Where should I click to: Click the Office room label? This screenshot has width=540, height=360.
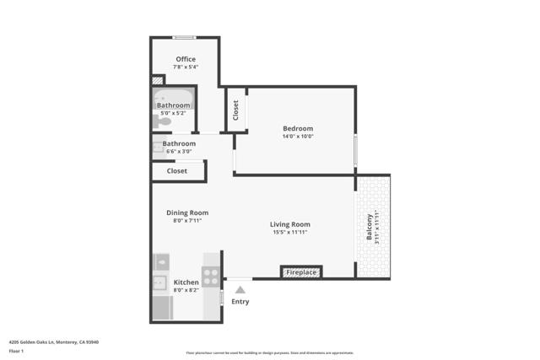point(186,59)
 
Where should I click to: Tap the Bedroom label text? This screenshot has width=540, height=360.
point(298,128)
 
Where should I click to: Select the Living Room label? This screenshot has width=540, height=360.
point(290,224)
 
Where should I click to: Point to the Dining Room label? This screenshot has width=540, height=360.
point(187,212)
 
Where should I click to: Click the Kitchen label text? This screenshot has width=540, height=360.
point(186,282)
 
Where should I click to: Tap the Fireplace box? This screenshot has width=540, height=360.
point(301,272)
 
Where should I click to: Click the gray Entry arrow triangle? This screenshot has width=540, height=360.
point(240,289)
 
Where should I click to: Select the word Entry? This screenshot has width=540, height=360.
point(240,302)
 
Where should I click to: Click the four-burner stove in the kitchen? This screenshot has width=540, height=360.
point(210,276)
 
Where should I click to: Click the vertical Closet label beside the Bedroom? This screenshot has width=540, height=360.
point(235,110)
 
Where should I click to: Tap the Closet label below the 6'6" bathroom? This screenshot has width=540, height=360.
point(177,170)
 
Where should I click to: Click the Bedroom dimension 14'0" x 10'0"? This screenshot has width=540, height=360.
point(298,137)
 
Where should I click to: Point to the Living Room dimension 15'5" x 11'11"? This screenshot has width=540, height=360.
point(290,233)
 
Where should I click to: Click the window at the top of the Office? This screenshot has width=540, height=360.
point(185,37)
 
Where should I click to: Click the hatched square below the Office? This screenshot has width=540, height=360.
point(157,81)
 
